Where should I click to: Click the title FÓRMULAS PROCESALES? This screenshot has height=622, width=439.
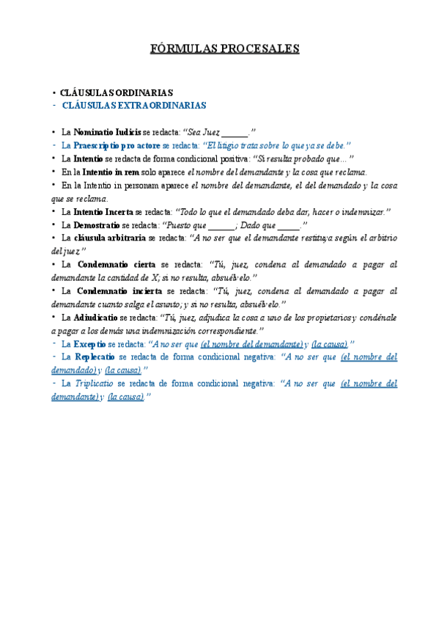pyautogui.click(x=220, y=49)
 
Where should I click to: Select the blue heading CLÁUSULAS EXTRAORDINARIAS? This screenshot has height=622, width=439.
pyautogui.click(x=134, y=106)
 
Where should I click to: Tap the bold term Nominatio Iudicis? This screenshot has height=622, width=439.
pyautogui.click(x=106, y=133)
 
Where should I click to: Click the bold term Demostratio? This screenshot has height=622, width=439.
pyautogui.click(x=96, y=224)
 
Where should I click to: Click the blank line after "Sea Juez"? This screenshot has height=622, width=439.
pyautogui.click(x=235, y=133)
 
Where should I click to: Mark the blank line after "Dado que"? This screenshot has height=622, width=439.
pyautogui.click(x=289, y=224)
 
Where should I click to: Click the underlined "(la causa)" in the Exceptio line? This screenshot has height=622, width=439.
pyautogui.click(x=329, y=343)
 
